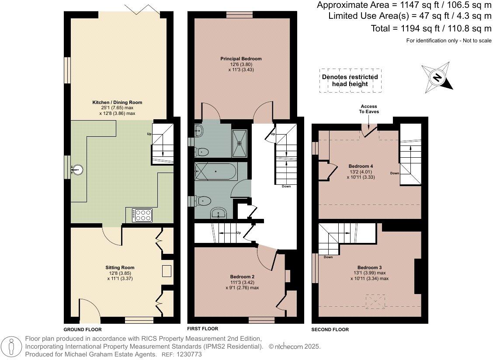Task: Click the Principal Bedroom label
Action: coord(241,59)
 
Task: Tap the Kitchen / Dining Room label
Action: coord(117,103)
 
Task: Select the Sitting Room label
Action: coord(120,268)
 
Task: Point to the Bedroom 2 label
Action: coord(242,277)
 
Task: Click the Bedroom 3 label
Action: coord(369,267)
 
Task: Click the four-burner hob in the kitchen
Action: coord(142,215)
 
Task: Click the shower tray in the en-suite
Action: coord(240,143)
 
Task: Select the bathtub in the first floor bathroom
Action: coord(215,171)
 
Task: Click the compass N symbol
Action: coord(437,77)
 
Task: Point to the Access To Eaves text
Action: coord(369,109)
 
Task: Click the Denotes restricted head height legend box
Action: coord(350,80)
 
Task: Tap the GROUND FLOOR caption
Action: coord(83,330)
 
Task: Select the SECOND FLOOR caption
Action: coord(330,330)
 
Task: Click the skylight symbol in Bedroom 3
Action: coord(375,301)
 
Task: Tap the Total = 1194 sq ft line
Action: coord(431,28)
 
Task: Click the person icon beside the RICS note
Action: coord(12,346)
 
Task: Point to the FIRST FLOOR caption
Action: coord(202,329)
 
